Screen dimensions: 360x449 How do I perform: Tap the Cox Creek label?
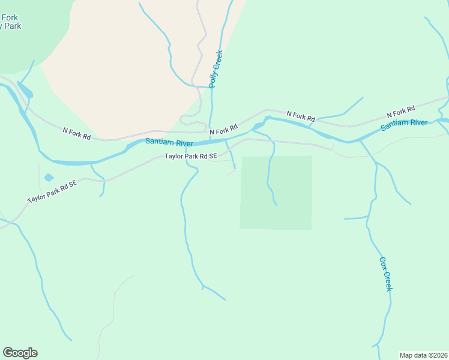[x=385, y=274]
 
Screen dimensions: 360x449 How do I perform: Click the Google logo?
[x=20, y=353]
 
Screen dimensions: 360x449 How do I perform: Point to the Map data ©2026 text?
[x=423, y=355]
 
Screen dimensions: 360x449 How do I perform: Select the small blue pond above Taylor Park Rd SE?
[x=49, y=178]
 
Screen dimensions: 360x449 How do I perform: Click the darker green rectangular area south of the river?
[x=276, y=193]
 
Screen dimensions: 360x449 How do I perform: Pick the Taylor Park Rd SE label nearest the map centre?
[x=190, y=156]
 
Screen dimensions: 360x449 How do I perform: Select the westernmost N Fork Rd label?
[x=77, y=133]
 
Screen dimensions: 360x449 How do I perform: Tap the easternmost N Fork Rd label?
[x=401, y=111]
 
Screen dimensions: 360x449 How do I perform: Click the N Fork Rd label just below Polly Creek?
[x=223, y=128]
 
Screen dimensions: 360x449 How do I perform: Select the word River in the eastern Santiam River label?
[x=417, y=123]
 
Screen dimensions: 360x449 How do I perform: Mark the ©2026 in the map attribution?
[x=433, y=355]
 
